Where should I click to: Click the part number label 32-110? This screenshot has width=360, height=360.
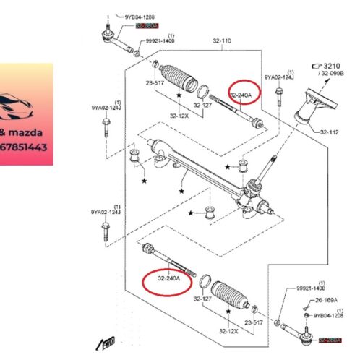221,41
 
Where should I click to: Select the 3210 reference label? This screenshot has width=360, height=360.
335,64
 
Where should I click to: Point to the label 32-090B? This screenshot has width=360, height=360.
333,73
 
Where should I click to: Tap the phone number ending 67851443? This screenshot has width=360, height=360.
25,147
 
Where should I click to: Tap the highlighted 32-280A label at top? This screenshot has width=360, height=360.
148,25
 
